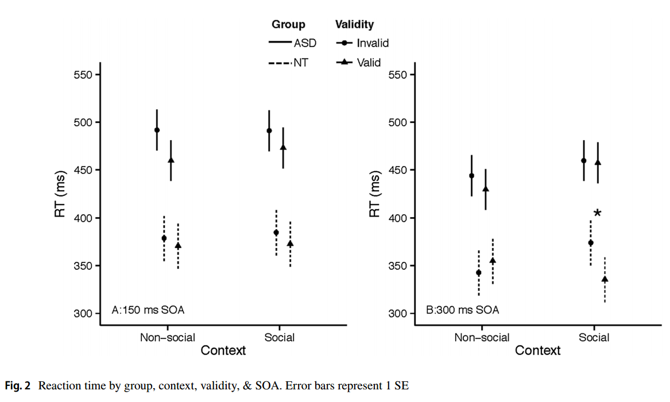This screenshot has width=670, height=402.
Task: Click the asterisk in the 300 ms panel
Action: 597,214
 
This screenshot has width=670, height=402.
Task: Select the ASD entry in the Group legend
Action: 293,43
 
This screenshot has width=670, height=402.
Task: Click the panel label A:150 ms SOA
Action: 148,310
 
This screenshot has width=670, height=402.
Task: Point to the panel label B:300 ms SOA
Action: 462,310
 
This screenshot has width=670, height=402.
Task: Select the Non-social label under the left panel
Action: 168,337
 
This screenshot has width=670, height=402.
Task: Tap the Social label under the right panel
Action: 594,337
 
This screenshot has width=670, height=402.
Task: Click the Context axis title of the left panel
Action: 223,350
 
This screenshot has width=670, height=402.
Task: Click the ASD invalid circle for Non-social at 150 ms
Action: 157,130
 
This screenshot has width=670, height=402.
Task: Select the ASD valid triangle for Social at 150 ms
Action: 283,148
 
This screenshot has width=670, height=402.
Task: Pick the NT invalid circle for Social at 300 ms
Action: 590,243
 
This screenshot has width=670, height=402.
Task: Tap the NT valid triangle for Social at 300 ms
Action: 605,279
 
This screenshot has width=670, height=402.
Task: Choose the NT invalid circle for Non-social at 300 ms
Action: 479,273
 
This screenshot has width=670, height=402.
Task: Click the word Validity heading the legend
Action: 354,25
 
